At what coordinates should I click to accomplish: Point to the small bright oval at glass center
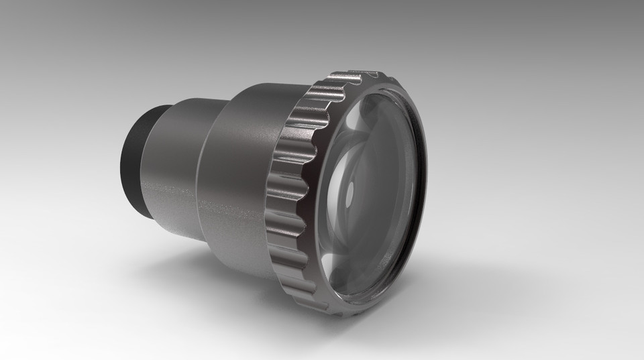pos(349,195)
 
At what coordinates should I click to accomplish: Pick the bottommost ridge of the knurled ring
pos(335,310)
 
